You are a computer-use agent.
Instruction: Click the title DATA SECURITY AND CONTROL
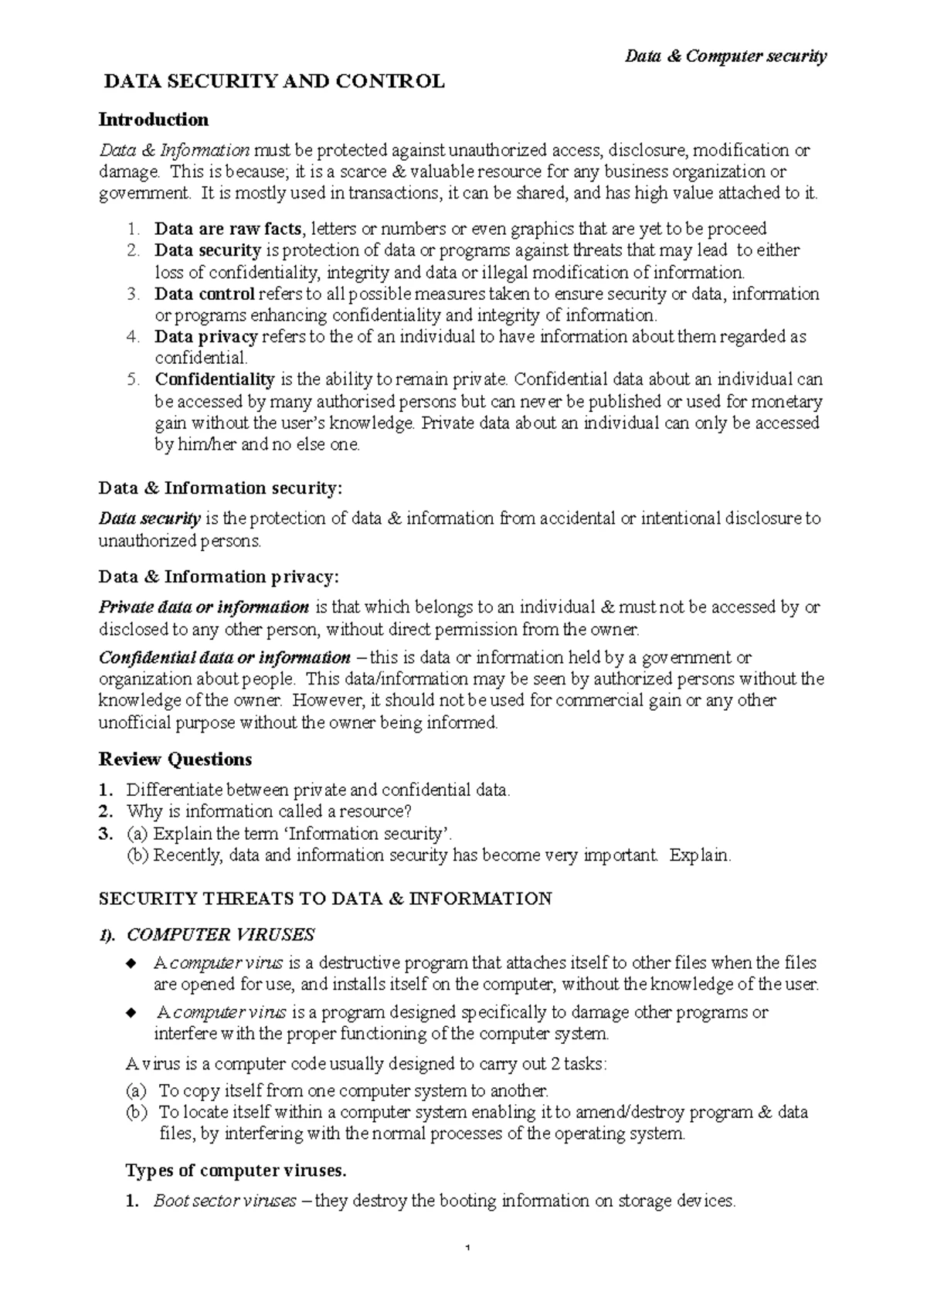pos(274,81)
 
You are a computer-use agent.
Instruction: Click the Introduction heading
pos(154,119)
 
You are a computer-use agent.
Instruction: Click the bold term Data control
pos(205,294)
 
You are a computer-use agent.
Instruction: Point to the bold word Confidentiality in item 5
pos(215,379)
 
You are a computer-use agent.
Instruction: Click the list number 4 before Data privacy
pos(133,337)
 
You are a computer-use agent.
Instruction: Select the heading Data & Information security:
pos(219,488)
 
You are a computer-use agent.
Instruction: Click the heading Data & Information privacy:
pos(219,576)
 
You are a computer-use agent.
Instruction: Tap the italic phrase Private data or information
pos(204,607)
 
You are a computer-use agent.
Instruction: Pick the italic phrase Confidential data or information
pos(225,658)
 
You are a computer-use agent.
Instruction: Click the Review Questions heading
pos(175,760)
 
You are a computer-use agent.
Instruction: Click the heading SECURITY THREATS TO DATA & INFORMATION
pos(325,898)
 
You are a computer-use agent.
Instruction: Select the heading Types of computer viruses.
pos(236,1171)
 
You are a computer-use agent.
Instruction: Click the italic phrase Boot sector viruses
pos(225,1202)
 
